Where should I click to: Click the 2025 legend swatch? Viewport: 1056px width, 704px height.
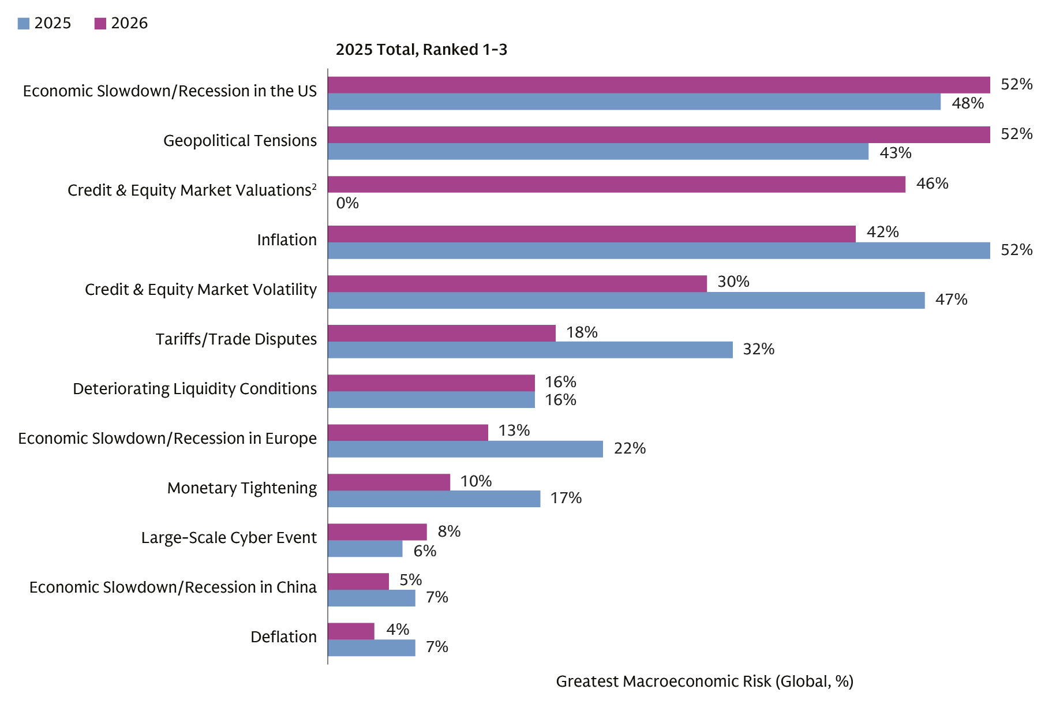[23, 23]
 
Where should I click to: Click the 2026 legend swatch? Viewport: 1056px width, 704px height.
[100, 23]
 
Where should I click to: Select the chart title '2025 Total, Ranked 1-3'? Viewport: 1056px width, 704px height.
[421, 50]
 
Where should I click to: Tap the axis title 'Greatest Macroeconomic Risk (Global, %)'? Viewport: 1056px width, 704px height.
[704, 681]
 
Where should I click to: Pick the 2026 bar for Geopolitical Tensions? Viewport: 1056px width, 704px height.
[658, 135]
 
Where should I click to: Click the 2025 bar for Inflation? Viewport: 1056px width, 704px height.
[658, 250]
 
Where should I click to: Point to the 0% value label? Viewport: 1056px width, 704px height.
[347, 203]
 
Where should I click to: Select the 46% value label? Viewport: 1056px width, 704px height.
[932, 184]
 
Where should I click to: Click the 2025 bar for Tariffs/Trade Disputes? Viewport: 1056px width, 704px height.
[530, 350]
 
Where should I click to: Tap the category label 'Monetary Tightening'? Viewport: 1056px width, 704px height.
[242, 488]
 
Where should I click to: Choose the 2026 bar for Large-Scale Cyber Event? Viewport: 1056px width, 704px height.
[377, 532]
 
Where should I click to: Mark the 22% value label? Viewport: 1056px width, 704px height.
[629, 448]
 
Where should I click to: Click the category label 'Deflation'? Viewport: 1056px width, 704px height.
[283, 637]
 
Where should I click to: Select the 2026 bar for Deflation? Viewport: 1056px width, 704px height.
[351, 631]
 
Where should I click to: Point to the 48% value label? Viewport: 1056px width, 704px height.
[967, 103]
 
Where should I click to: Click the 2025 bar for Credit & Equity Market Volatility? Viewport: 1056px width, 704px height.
[626, 300]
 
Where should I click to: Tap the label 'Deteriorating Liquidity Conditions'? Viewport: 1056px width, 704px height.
[194, 389]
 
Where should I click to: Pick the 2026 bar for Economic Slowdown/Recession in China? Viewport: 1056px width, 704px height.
[358, 582]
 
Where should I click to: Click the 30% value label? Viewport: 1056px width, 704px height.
[733, 282]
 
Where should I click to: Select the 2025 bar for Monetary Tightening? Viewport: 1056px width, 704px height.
[434, 499]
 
